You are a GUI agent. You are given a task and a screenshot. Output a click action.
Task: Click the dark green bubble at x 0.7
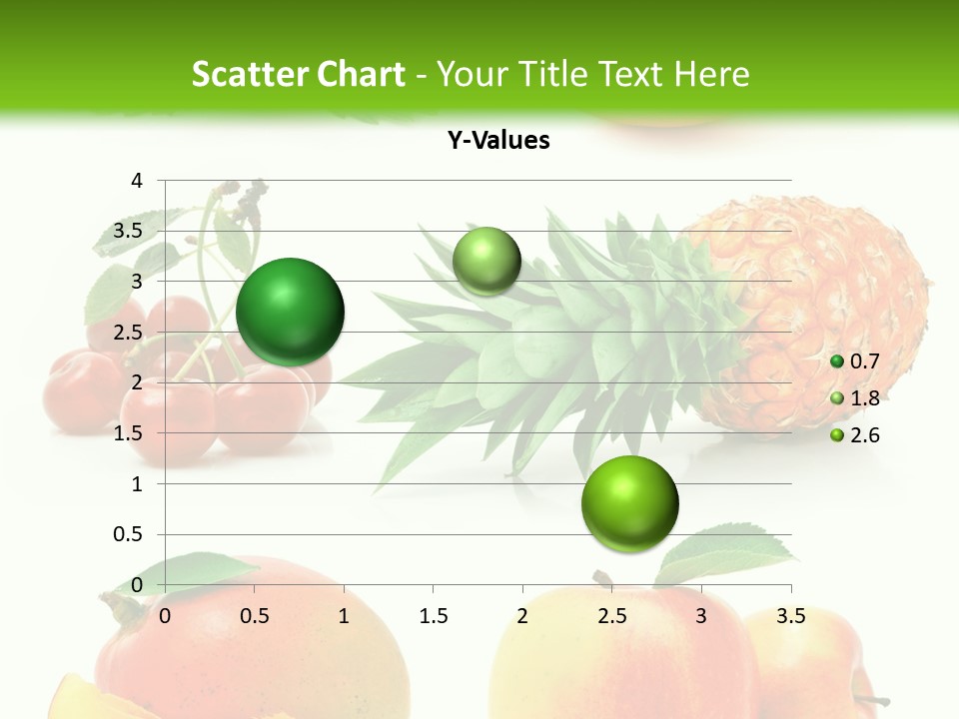tap(291, 312)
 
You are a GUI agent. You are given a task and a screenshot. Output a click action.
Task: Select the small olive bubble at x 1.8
tap(486, 261)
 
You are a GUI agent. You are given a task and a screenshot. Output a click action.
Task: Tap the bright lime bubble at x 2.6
tap(629, 503)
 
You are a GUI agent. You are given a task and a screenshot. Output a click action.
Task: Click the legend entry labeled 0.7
tap(856, 361)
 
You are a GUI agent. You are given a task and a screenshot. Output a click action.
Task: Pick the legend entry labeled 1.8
tap(856, 398)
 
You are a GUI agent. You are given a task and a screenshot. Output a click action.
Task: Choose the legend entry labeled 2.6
tap(856, 435)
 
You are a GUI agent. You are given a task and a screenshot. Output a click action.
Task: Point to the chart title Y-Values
tap(498, 141)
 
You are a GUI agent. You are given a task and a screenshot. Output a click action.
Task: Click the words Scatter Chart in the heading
tap(298, 74)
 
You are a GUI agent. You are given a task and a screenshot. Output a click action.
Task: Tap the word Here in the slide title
tap(711, 74)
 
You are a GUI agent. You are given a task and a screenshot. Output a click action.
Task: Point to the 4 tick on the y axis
tap(138, 181)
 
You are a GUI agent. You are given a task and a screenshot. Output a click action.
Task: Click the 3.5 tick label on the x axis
tap(791, 616)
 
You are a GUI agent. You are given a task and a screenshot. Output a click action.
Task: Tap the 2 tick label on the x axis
tap(522, 616)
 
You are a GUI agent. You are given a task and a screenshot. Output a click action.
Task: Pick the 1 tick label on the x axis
tap(344, 616)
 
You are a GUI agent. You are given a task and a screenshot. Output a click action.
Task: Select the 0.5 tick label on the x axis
tap(255, 616)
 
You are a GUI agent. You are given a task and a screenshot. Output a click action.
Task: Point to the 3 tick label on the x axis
tap(701, 616)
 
